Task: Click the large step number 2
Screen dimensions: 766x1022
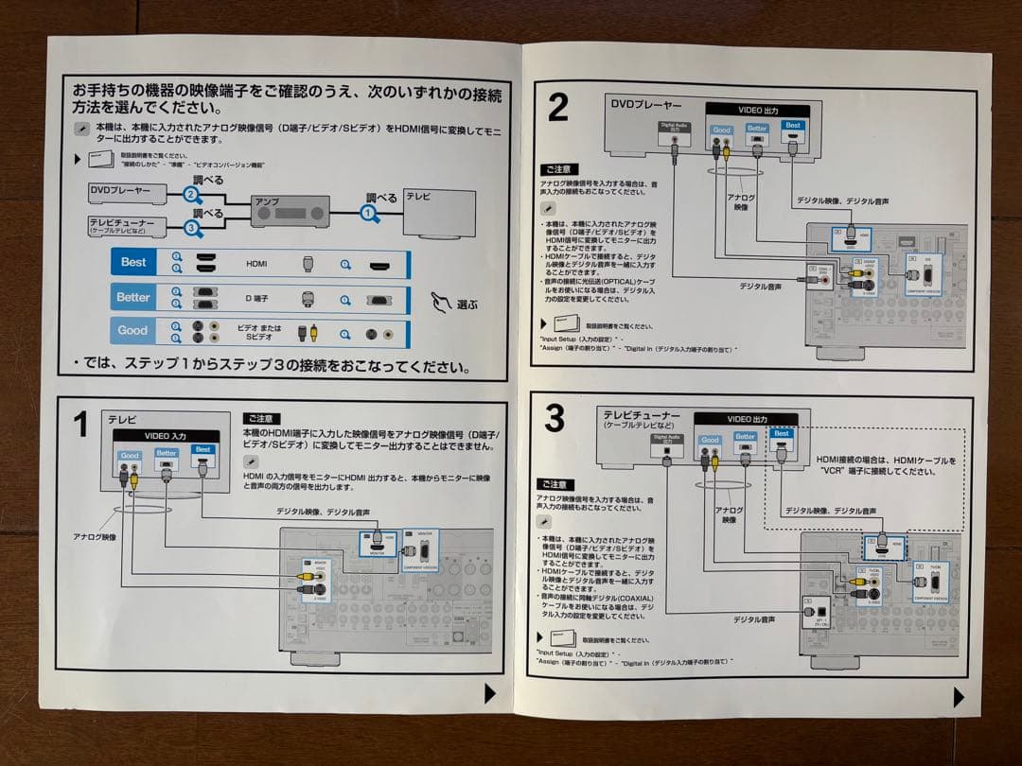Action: [558, 107]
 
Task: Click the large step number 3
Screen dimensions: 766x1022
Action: [555, 417]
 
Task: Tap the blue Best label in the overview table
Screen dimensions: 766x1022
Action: [133, 262]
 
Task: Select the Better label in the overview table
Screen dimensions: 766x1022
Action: [133, 297]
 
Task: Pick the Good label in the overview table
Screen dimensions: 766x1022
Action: [132, 331]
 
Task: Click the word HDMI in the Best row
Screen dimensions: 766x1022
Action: [256, 263]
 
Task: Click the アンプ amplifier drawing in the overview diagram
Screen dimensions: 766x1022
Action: [290, 213]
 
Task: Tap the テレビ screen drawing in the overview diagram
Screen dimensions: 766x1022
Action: [440, 213]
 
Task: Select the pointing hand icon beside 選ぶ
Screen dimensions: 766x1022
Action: [442, 303]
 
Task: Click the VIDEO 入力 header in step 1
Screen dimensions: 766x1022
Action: [166, 435]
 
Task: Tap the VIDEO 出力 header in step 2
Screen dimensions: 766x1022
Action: [758, 111]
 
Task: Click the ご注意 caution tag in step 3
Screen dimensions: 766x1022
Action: [555, 484]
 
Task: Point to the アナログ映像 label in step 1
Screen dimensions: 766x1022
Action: [95, 537]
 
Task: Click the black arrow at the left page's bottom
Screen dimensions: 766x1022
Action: [489, 693]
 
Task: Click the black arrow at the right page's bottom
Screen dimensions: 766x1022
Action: [959, 697]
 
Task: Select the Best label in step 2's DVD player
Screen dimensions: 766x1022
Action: [793, 126]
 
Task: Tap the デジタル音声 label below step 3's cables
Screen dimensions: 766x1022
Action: [754, 619]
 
